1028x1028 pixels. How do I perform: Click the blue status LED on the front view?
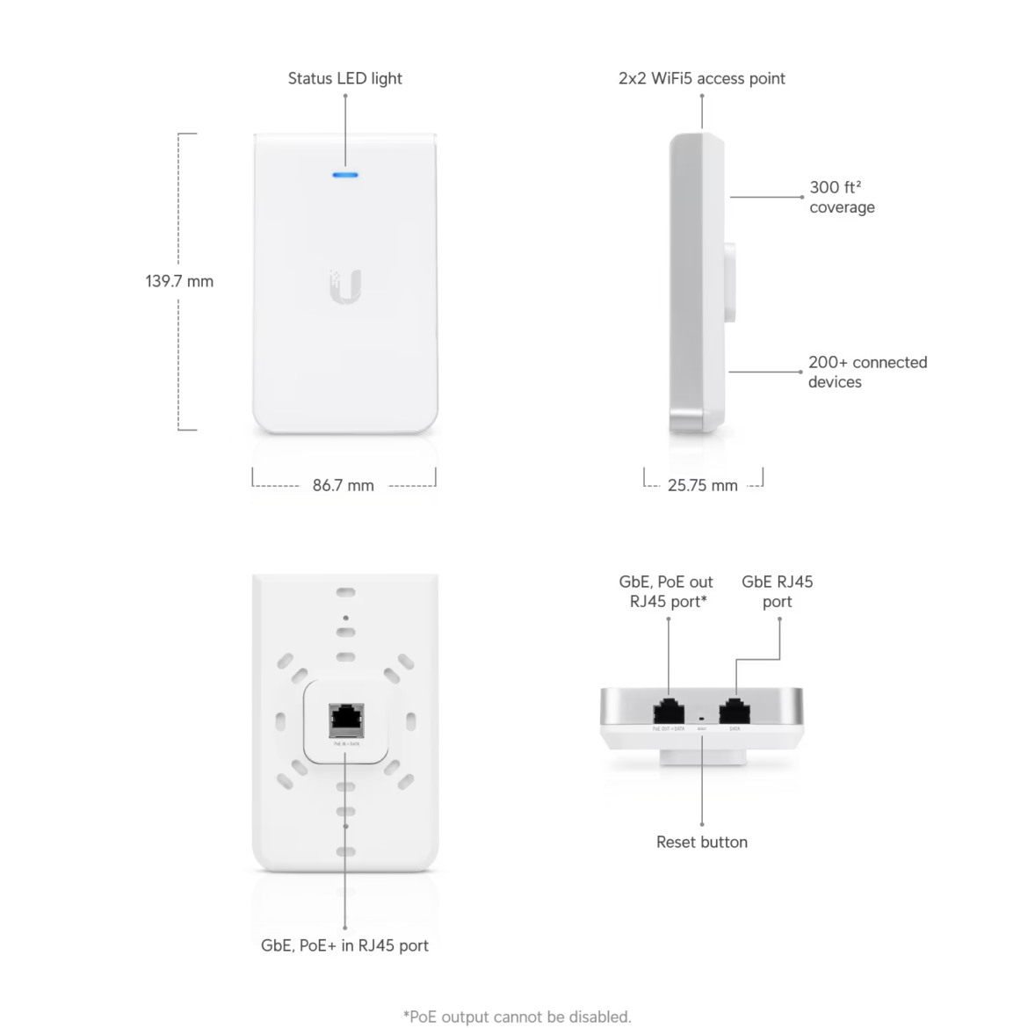coord(345,175)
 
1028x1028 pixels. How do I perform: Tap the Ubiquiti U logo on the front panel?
coord(345,286)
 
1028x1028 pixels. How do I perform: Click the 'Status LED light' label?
coord(344,78)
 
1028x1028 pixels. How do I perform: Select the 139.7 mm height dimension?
coord(179,281)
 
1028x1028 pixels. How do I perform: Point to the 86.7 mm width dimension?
coord(344,485)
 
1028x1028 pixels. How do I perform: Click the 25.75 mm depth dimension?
coord(702,485)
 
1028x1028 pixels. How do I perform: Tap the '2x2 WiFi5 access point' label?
coord(701,78)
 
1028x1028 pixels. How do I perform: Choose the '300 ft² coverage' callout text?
coord(841,197)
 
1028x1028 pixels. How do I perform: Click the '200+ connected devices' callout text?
coord(866,372)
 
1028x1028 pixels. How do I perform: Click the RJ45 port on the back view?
coord(346,720)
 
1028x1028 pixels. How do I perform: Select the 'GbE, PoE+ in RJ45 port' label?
coord(344,945)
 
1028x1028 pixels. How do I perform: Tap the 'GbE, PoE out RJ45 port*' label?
coord(666,591)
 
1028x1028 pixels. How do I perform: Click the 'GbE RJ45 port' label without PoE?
coord(777,591)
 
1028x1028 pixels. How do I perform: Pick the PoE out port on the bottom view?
coord(669,711)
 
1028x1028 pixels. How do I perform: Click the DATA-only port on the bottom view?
coord(735,711)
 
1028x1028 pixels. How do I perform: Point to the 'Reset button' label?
coord(701,842)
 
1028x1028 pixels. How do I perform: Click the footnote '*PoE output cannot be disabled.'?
coord(517,1017)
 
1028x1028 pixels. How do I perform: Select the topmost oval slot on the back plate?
coord(345,593)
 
